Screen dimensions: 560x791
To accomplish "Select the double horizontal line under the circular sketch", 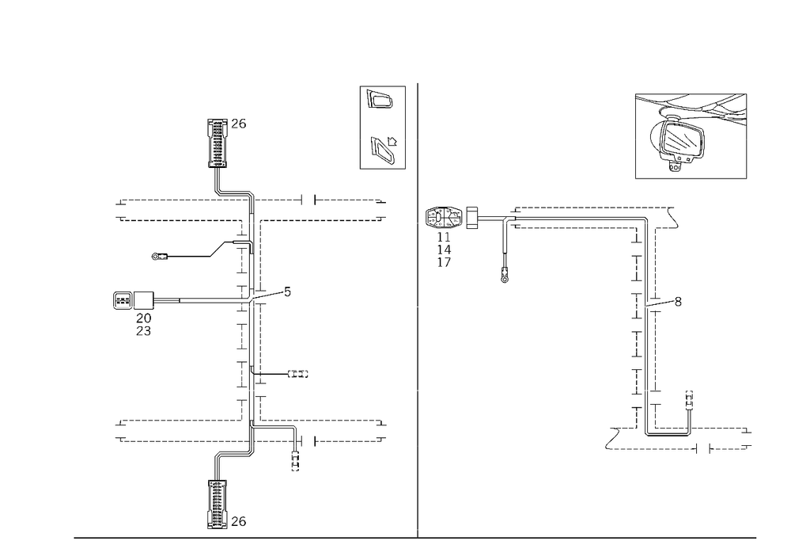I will tap(691, 181).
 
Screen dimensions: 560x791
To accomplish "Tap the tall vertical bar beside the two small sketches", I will tap(362, 127).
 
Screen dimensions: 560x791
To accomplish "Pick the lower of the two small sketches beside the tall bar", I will tap(384, 149).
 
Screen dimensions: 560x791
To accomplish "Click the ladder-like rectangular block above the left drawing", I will tap(216, 141).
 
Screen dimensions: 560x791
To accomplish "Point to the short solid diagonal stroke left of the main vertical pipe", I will tap(218, 251).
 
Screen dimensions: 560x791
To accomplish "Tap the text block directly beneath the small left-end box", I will tap(144, 322).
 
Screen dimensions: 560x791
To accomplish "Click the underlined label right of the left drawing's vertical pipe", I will tap(299, 374).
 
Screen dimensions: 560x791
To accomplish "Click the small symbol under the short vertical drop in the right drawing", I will tap(504, 278).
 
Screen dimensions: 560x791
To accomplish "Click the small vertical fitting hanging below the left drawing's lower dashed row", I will tap(296, 449).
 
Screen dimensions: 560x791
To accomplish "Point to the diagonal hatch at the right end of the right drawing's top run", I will tap(675, 215).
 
